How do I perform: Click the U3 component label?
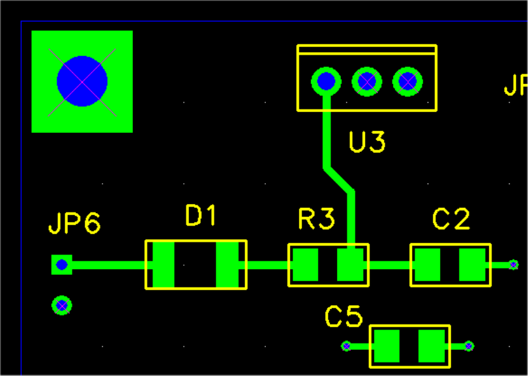367,143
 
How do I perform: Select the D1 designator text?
200,216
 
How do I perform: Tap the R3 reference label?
317,219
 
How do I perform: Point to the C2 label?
451,219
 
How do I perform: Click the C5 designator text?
344,317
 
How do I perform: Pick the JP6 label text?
75,224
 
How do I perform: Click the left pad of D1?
163,265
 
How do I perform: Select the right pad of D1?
228,265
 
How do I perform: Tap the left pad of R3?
304,265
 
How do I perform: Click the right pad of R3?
350,265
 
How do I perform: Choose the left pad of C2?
428,265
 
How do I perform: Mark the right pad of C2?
473,265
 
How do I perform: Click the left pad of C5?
387,346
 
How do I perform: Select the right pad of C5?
431,346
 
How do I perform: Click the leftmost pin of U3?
327,81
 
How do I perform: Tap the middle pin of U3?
367,81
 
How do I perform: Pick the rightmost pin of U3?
407,81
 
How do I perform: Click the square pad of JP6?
61,265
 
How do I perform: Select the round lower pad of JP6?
61,304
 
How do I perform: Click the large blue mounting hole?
82,81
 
